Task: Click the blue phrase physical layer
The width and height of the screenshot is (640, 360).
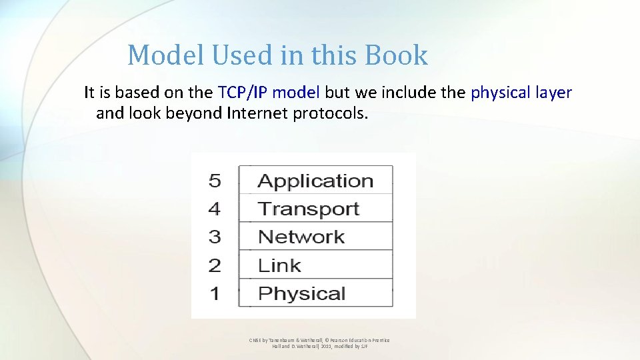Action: tap(521, 93)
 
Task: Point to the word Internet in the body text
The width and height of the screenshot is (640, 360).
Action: tap(257, 113)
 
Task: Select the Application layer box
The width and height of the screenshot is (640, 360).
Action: tap(315, 181)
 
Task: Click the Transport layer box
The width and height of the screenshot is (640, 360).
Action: tap(315, 209)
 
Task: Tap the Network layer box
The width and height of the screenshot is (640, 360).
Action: tap(315, 237)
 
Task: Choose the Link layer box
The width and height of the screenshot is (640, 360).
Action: tap(315, 265)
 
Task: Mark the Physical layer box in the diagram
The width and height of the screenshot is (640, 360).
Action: tap(315, 293)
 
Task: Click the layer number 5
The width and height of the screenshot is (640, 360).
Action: tap(215, 181)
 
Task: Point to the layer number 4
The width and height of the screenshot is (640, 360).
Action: tap(215, 209)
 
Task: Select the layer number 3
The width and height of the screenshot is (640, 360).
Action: tap(215, 237)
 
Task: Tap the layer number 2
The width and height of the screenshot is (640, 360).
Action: tap(215, 265)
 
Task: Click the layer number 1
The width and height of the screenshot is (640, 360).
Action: tap(215, 293)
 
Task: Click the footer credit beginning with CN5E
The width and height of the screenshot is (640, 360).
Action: tap(319, 343)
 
